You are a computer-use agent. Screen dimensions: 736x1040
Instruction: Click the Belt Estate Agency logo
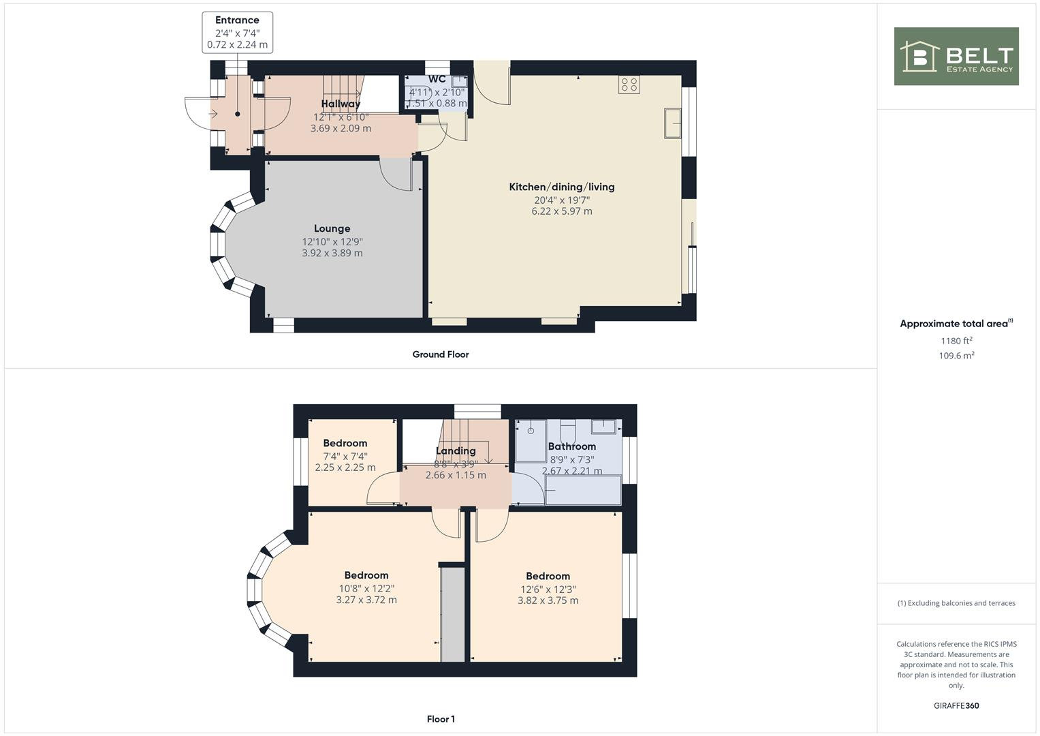[x=956, y=56]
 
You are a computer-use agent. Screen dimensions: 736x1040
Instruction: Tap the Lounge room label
[x=332, y=229]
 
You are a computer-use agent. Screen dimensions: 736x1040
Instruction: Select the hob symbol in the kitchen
[x=629, y=85]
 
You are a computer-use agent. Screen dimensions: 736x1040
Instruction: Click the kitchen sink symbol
[x=673, y=123]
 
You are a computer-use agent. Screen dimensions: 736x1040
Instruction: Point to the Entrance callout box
[x=237, y=32]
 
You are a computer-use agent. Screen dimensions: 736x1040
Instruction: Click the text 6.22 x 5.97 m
[x=562, y=211]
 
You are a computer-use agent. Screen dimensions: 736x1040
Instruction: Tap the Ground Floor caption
[x=441, y=354]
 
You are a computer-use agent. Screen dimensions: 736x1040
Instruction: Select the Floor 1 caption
[x=441, y=719]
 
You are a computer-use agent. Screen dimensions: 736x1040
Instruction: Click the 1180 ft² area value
[x=956, y=341]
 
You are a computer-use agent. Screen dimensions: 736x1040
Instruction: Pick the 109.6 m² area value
[x=956, y=355]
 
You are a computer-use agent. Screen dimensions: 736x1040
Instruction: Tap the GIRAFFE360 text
[x=956, y=705]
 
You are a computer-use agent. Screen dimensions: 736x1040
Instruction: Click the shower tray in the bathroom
[x=531, y=440]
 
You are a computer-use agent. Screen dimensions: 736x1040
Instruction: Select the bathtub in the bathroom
[x=583, y=491]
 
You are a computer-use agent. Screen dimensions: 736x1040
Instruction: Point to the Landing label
[x=456, y=450]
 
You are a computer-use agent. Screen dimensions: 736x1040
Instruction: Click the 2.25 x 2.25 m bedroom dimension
[x=345, y=467]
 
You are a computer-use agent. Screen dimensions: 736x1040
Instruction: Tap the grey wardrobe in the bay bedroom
[x=452, y=613]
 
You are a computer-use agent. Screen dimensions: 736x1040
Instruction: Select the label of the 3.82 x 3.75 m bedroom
[x=548, y=576]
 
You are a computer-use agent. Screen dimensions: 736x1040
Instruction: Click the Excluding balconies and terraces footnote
[x=956, y=603]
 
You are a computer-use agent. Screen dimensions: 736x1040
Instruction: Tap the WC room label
[x=437, y=79]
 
